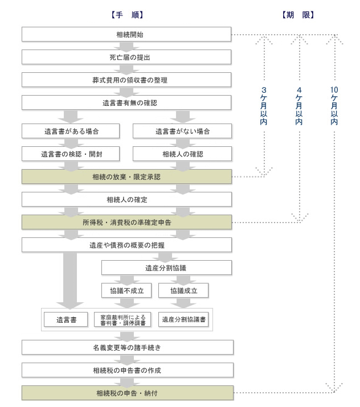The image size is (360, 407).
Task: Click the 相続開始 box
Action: [x=126, y=35]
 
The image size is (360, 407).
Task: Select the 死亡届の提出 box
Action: [x=126, y=57]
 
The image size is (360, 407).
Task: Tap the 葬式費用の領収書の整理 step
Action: [x=126, y=80]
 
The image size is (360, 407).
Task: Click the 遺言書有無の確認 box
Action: [x=126, y=102]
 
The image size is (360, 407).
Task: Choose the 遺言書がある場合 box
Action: [x=71, y=131]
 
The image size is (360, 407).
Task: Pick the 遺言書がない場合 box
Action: [x=182, y=131]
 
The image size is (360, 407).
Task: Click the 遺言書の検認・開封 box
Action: [x=71, y=154]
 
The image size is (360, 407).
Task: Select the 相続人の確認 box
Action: [x=182, y=154]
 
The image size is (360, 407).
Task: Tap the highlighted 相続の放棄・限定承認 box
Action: [x=126, y=177]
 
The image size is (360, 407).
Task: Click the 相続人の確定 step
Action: [x=126, y=199]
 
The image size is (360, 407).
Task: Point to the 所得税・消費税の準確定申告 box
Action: [x=126, y=222]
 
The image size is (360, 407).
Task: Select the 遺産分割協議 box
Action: [x=167, y=268]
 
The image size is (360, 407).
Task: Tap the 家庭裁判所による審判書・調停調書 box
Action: [x=122, y=319]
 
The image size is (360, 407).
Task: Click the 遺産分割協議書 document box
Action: [x=183, y=319]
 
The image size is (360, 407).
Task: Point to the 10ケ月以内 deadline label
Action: [x=334, y=106]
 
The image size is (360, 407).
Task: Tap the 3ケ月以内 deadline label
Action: [x=263, y=106]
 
